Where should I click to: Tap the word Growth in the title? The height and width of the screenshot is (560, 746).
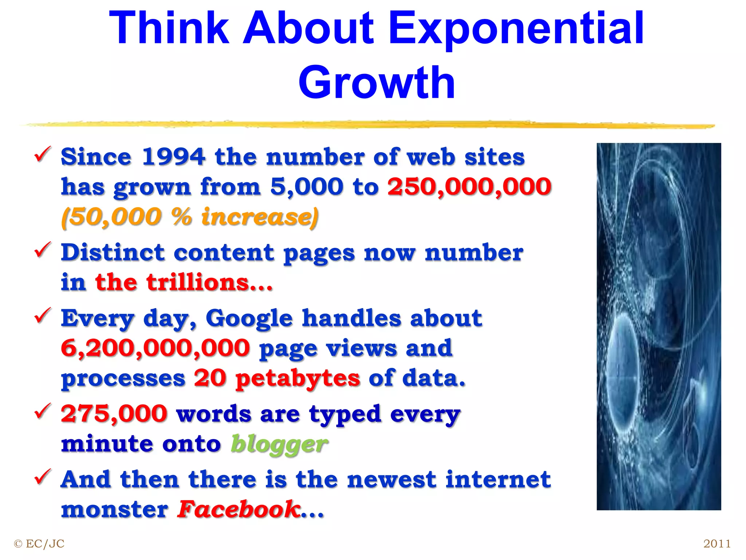[x=377, y=83]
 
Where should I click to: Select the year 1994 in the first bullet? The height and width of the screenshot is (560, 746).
[x=173, y=157]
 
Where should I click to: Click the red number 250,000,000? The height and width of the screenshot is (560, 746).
[x=469, y=187]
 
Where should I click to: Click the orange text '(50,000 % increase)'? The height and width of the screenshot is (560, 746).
[x=190, y=217]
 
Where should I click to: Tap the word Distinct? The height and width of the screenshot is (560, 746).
[x=113, y=253]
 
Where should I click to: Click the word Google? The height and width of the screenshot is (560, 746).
[x=249, y=318]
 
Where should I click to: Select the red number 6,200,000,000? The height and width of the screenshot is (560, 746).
[x=156, y=348]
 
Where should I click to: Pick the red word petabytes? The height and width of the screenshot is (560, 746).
[x=298, y=378]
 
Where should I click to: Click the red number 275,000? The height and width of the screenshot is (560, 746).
[x=114, y=414]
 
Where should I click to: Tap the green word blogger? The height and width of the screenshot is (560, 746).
[x=279, y=444]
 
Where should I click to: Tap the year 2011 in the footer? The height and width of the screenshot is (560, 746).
[x=717, y=544]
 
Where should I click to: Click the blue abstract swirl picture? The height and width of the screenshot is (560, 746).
[x=659, y=326]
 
